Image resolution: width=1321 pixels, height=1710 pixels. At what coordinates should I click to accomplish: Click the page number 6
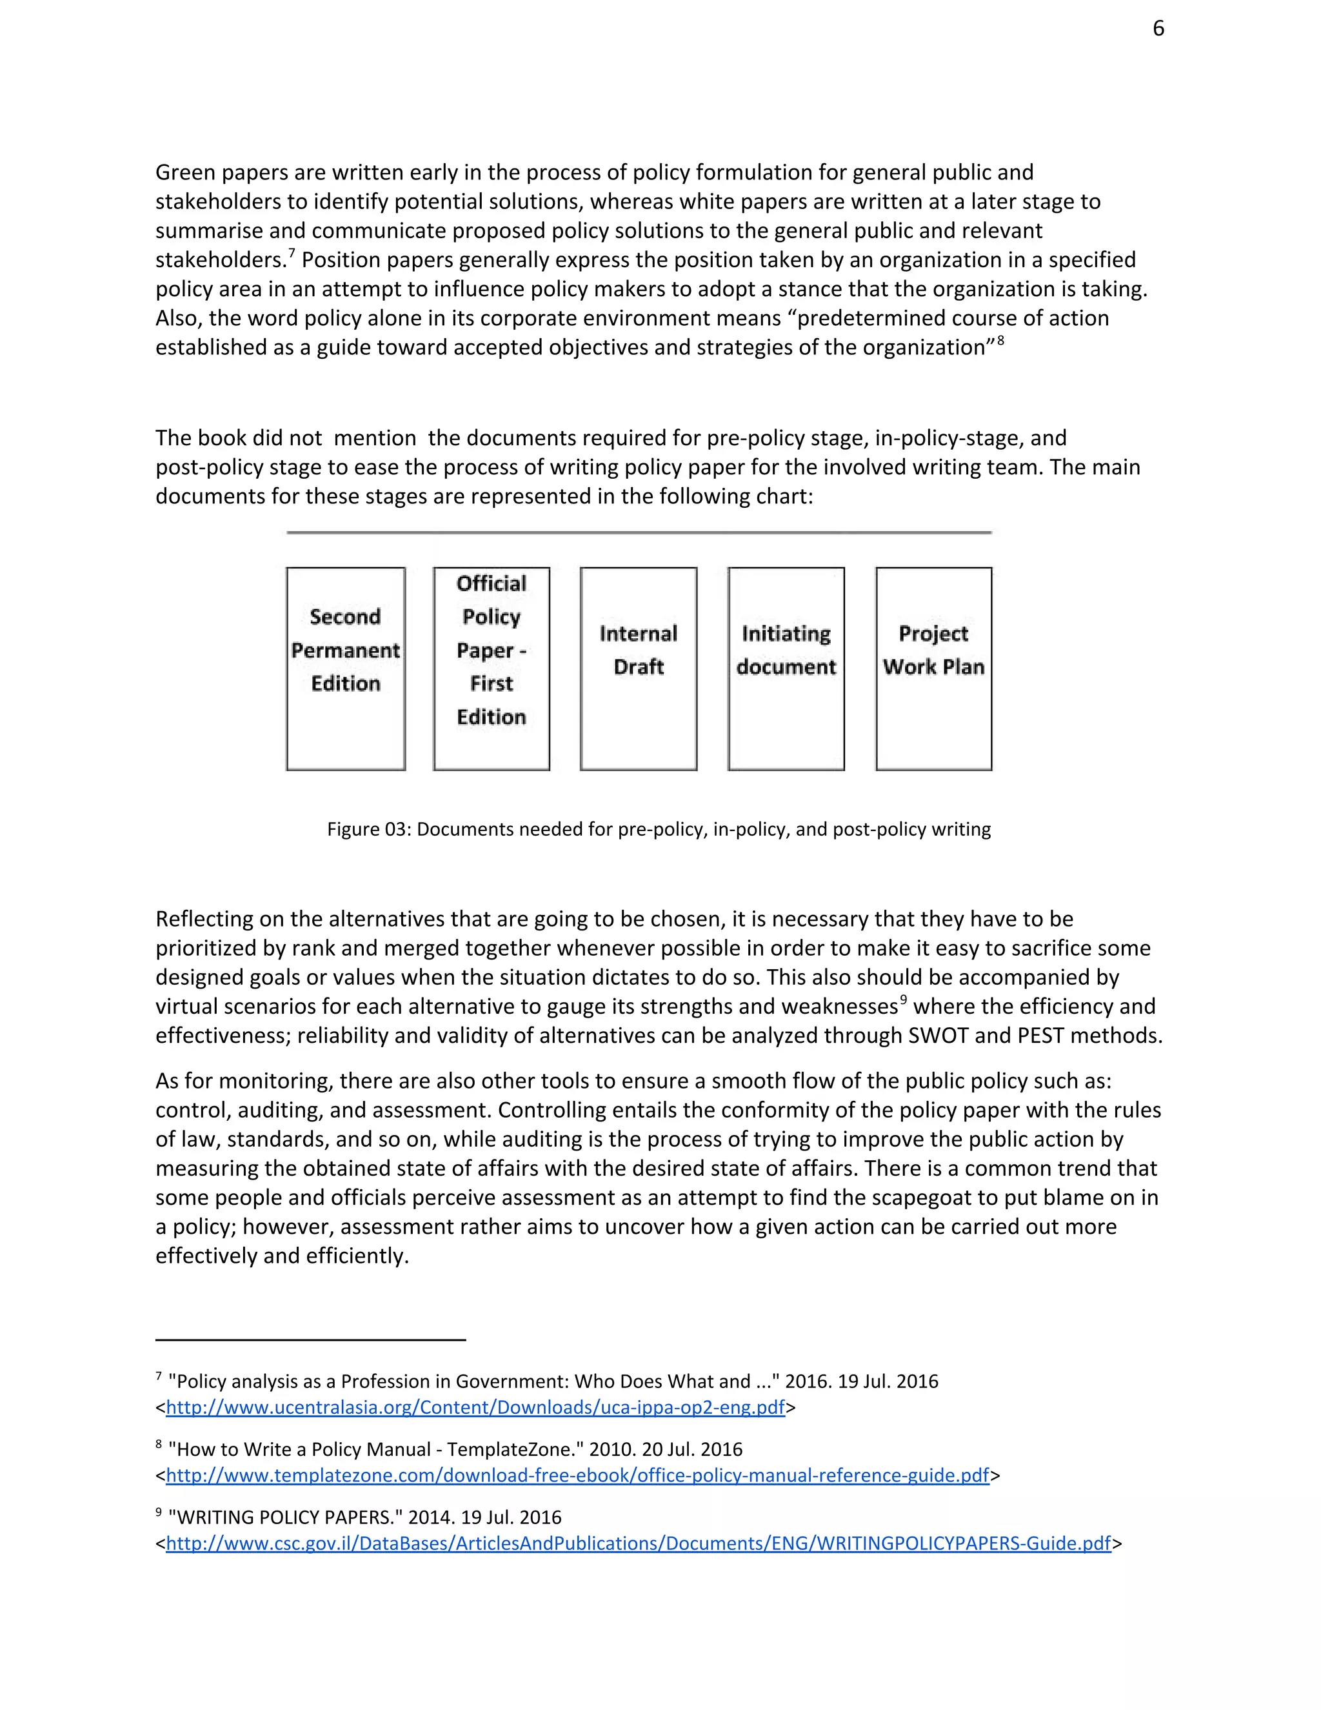pos(1158,29)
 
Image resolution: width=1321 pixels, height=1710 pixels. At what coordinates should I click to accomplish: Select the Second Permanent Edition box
pos(345,668)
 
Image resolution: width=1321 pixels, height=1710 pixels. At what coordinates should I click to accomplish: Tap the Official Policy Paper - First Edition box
pos(492,668)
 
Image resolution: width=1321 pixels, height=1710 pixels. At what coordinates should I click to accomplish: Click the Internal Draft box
pos(638,668)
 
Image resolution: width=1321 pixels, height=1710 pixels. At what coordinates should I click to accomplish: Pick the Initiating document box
pos(786,668)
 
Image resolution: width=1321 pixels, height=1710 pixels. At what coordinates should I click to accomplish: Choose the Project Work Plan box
pos(933,668)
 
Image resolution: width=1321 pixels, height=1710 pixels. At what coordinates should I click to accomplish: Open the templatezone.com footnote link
pos(577,1475)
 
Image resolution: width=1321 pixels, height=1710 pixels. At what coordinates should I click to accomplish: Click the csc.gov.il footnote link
pos(638,1544)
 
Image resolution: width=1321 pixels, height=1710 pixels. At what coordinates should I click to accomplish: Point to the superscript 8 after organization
pos(1000,341)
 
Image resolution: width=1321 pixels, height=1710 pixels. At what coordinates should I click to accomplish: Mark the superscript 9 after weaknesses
pos(903,1000)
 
